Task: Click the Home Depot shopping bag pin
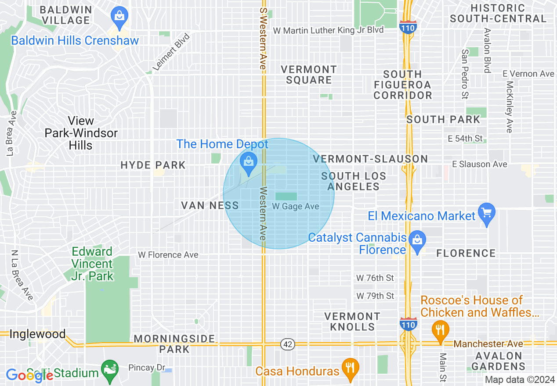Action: tap(249, 162)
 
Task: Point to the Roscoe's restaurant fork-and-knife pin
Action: tap(440, 329)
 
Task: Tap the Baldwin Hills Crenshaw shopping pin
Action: tap(119, 16)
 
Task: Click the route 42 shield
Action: tap(288, 344)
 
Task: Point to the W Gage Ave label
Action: tap(295, 206)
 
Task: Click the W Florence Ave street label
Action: tap(168, 255)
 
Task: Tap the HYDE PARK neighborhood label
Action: tap(153, 165)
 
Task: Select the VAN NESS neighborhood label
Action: tap(210, 205)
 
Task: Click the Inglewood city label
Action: tap(37, 334)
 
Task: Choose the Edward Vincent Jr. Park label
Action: tap(92, 264)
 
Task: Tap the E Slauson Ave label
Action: tap(480, 164)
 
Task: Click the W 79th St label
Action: tap(375, 296)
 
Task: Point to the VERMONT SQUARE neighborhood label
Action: tap(309, 75)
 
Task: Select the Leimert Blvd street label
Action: tap(171, 52)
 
